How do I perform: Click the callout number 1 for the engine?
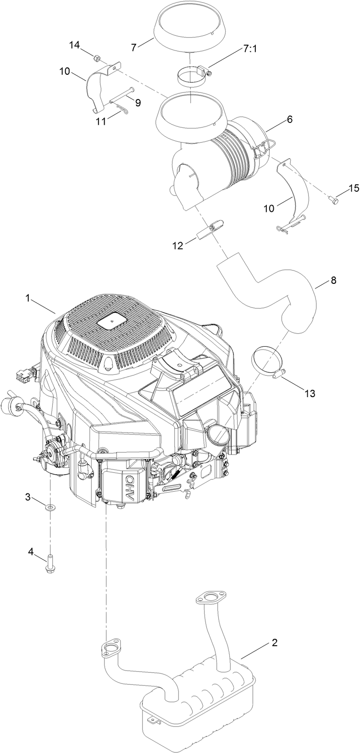pos(28,298)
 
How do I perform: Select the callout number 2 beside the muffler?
pos(274,642)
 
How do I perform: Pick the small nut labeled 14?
pos(97,58)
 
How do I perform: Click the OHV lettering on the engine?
pos(126,487)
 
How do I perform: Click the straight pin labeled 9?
pos(121,95)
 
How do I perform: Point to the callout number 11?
pos(100,121)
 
